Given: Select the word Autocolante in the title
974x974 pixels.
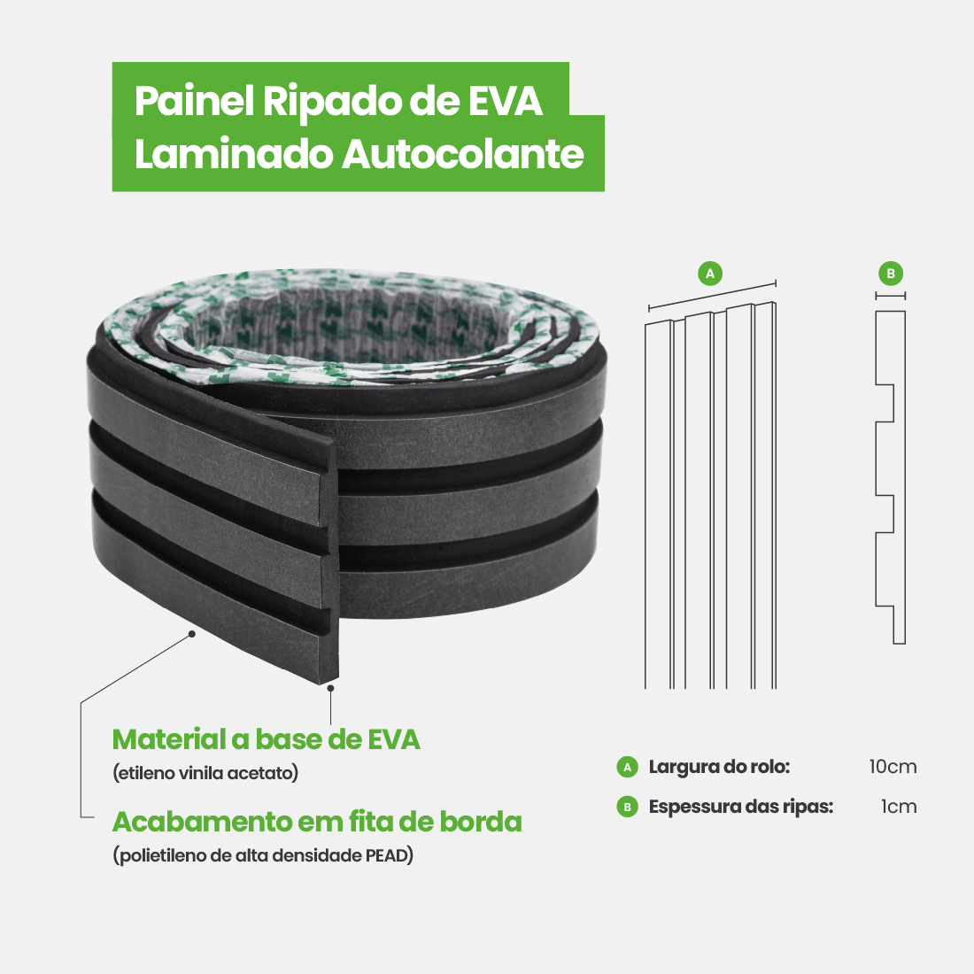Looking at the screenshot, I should pyautogui.click(x=462, y=154).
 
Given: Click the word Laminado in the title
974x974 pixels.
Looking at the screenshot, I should pyautogui.click(x=233, y=154).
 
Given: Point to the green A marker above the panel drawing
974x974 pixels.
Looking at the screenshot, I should pyautogui.click(x=710, y=273).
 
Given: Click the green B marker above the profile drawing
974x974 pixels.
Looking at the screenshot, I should pyautogui.click(x=891, y=273).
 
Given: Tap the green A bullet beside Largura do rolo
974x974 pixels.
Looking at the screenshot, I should pyautogui.click(x=628, y=767).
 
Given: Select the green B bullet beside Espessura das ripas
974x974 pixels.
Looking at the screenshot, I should pyautogui.click(x=628, y=807).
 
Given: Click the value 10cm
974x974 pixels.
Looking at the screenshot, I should pyautogui.click(x=893, y=767).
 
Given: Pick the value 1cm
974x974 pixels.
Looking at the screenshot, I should pyautogui.click(x=899, y=807).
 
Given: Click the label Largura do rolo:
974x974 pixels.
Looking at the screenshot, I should pyautogui.click(x=719, y=767).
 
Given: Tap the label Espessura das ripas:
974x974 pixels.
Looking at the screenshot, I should pyautogui.click(x=740, y=807).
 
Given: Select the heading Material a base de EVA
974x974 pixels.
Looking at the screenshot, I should pyautogui.click(x=266, y=739).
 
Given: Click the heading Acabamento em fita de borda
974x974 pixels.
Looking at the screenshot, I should pyautogui.click(x=316, y=822).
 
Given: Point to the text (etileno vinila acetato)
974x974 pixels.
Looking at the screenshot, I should pyautogui.click(x=205, y=773).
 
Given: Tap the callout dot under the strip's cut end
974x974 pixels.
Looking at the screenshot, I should pyautogui.click(x=330, y=687).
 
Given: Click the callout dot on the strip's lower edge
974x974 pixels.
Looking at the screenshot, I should pyautogui.click(x=191, y=633).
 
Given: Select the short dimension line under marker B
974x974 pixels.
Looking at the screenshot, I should pyautogui.click(x=891, y=296).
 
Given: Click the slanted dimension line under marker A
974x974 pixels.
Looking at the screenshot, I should pyautogui.click(x=712, y=296).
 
